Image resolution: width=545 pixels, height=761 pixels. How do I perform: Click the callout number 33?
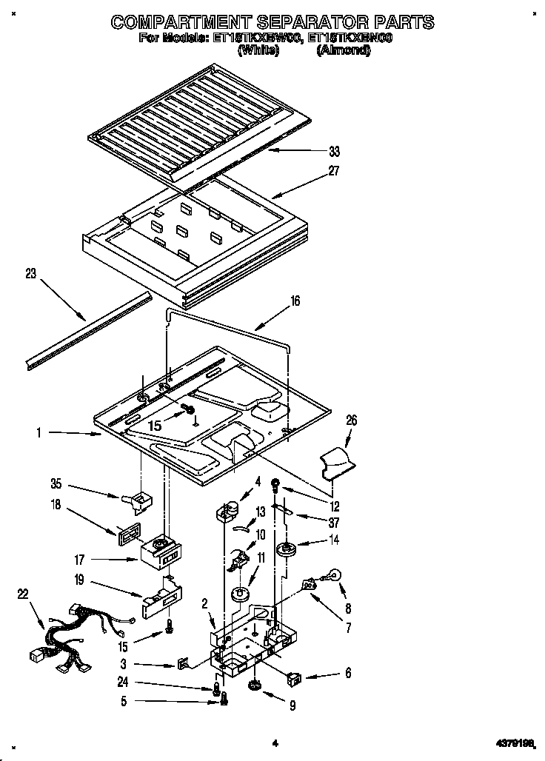[334, 152]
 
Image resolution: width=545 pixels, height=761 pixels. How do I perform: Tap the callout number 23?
[30, 273]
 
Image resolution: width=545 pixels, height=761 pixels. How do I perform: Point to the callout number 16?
[295, 301]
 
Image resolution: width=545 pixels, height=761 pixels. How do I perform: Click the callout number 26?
[351, 420]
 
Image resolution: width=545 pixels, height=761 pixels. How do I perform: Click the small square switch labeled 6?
[295, 675]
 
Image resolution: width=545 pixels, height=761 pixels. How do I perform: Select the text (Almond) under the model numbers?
[343, 51]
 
